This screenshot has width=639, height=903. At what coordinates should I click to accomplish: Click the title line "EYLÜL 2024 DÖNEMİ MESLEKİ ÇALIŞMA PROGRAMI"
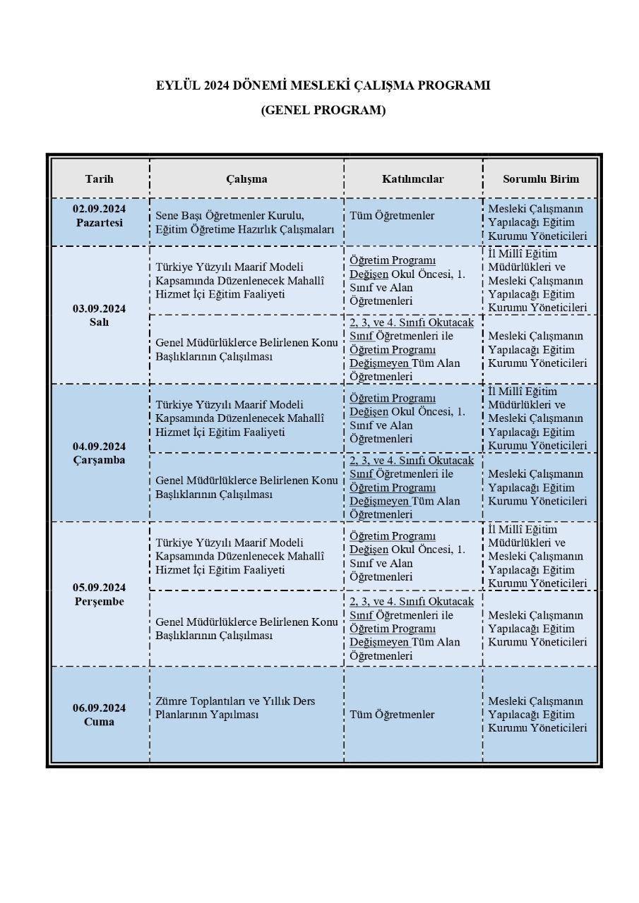[323, 85]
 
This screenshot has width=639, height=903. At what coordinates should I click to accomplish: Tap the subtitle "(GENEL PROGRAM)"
[323, 110]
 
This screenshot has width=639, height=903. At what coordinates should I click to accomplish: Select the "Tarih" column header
[100, 178]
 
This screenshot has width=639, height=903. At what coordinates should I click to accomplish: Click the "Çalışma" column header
[246, 178]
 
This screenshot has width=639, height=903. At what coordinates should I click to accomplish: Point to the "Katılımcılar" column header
[413, 178]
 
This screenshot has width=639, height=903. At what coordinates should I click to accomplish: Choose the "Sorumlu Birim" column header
[540, 178]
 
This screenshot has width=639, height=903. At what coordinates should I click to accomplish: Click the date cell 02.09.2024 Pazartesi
[100, 216]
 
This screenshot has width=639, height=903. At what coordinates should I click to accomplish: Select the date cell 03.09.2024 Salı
[100, 315]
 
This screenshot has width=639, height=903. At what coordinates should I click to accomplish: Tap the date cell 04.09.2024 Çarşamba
[100, 453]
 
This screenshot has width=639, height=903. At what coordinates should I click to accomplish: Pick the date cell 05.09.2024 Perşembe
[100, 595]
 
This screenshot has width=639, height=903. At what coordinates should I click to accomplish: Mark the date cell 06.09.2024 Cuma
[100, 715]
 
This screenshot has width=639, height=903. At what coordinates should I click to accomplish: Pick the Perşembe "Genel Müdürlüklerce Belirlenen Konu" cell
[246, 629]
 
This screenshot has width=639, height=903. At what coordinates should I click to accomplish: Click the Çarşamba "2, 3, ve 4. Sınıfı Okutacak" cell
[412, 487]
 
